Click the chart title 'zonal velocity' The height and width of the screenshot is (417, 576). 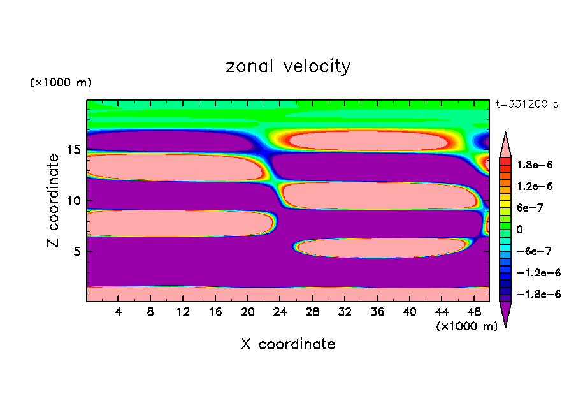click(x=288, y=66)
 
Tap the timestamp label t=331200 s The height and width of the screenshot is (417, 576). click(x=526, y=105)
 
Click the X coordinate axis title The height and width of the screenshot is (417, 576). click(x=288, y=344)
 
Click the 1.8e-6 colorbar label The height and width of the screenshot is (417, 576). click(x=535, y=165)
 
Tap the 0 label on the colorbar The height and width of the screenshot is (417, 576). click(x=520, y=229)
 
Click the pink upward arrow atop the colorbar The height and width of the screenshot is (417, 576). click(x=505, y=143)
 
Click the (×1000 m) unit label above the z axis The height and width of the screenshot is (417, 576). click(x=61, y=83)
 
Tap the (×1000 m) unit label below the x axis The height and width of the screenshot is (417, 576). click(x=467, y=326)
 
